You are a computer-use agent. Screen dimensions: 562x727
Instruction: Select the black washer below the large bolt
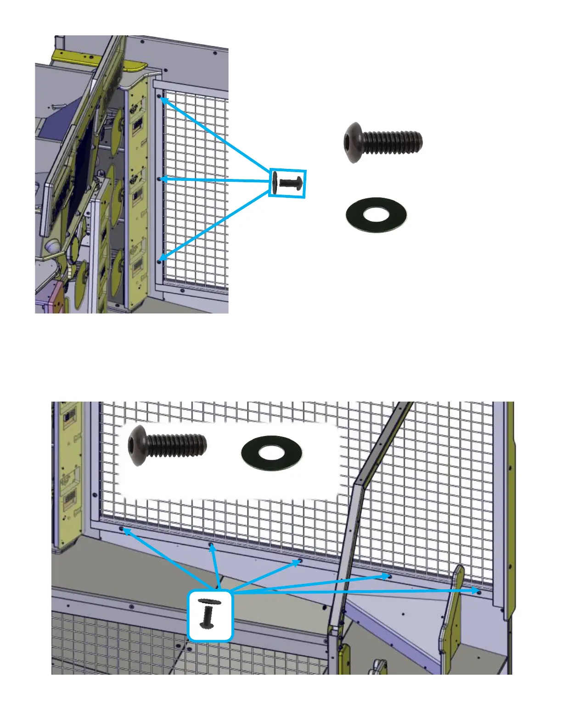(x=376, y=214)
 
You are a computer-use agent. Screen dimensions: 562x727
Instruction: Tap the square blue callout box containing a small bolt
(x=287, y=184)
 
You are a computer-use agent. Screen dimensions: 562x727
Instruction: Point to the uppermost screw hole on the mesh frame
(x=159, y=97)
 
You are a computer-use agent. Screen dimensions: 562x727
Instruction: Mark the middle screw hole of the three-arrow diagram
(x=159, y=179)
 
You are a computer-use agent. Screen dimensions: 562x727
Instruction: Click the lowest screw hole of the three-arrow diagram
(x=159, y=262)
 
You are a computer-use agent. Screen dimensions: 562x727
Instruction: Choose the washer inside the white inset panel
(x=271, y=453)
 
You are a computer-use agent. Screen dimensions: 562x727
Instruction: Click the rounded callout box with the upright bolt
(x=210, y=615)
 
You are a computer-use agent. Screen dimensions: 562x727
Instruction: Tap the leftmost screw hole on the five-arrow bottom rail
(x=122, y=529)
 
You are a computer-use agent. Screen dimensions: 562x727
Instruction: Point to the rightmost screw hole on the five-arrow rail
(x=479, y=592)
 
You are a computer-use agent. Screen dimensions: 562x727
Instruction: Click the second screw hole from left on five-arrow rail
(x=211, y=545)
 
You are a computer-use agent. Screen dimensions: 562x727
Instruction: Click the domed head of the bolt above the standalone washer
(x=353, y=142)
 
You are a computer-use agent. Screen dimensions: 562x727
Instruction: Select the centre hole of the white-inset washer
(x=271, y=453)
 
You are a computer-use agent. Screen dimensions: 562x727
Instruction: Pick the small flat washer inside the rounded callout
(x=210, y=601)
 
